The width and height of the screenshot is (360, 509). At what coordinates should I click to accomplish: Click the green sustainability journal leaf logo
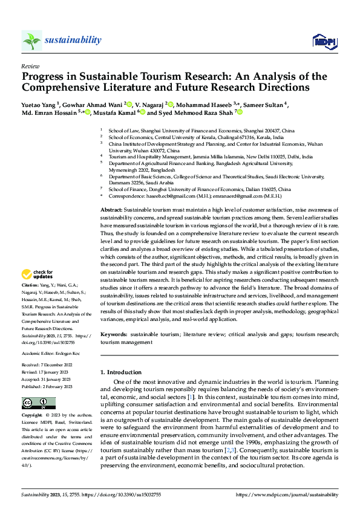pyautogui.click(x=30, y=40)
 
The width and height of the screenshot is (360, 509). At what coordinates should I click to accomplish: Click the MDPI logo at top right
pyautogui.click(x=324, y=41)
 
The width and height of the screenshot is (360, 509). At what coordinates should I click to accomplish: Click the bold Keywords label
pyautogui.click(x=114, y=334)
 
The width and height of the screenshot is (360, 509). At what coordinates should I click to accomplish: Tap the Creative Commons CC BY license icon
pyautogui.click(x=35, y=404)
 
